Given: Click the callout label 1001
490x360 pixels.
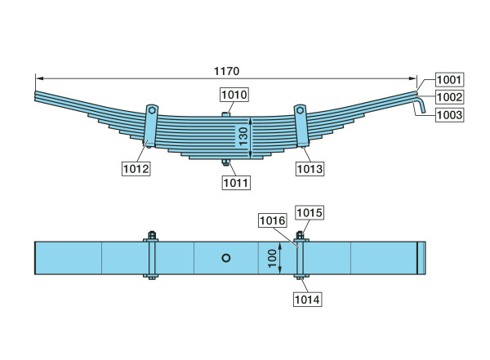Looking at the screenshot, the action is (x=449, y=80).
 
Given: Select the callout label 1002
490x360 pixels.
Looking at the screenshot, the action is (x=449, y=97).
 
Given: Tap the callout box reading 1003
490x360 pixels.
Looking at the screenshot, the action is (x=449, y=115).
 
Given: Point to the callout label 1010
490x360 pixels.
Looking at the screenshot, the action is (x=234, y=95).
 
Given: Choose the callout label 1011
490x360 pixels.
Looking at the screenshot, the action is (x=236, y=183).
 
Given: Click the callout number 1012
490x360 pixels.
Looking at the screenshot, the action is (x=136, y=169).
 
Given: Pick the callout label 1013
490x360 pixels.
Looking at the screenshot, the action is (x=310, y=169).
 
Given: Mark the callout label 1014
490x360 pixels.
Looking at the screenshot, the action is (x=308, y=300).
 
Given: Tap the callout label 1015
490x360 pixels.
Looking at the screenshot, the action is (x=310, y=212).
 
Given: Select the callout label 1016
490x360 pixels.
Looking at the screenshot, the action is (x=273, y=220).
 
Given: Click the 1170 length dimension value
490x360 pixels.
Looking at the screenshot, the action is (x=226, y=71).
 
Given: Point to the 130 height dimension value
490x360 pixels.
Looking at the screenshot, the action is (x=243, y=136).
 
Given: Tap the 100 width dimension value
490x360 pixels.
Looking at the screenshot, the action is (x=272, y=258).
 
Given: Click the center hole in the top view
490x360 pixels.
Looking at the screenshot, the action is (x=226, y=258).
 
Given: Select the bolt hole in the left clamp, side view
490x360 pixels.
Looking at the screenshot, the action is (x=152, y=110).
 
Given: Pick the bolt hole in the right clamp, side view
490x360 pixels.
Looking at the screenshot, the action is (x=300, y=110).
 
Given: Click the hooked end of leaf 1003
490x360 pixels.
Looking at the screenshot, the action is (x=420, y=105).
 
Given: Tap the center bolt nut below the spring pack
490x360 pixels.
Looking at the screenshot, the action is (x=225, y=162).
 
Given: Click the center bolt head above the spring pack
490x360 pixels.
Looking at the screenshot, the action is (x=225, y=114).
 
